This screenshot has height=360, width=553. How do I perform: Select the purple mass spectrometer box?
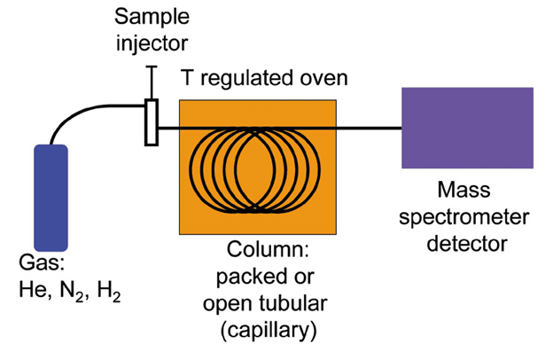466,128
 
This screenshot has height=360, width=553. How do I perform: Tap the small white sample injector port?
152,121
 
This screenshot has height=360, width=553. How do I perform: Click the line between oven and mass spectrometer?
368,127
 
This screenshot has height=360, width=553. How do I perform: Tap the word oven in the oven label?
324,79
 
